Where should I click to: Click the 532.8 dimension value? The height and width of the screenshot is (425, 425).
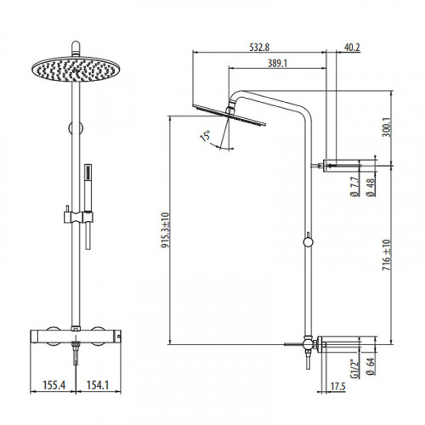click(x=259, y=47)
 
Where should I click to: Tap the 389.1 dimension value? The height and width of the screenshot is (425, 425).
click(x=277, y=63)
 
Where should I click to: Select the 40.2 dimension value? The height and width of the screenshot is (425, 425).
click(x=352, y=48)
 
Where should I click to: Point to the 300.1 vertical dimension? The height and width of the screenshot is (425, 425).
click(x=387, y=127)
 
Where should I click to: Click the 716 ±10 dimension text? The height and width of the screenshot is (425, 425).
click(x=387, y=255)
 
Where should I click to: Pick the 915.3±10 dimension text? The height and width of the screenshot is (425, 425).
click(x=165, y=230)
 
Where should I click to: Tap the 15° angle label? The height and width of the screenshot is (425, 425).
click(x=205, y=136)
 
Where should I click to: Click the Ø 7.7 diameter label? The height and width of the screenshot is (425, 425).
click(x=354, y=186)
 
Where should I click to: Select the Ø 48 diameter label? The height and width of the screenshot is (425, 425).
click(x=371, y=187)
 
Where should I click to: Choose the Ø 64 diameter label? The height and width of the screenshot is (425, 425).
click(x=371, y=366)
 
